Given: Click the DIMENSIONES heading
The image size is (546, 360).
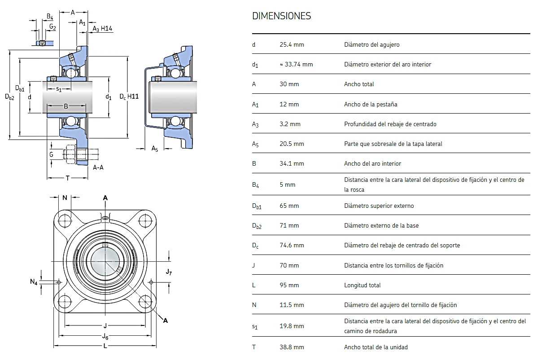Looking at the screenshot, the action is tap(282, 16).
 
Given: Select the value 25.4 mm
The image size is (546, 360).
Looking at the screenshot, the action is tap(292, 44).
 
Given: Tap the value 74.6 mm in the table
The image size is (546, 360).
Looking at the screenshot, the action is tap(292, 245).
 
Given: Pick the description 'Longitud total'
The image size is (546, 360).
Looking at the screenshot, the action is tap(362, 285).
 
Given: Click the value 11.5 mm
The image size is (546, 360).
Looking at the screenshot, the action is tap(292, 305).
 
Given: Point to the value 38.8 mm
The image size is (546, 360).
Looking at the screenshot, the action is tap(292, 347).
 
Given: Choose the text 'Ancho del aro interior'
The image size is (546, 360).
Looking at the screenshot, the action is tap(372, 164).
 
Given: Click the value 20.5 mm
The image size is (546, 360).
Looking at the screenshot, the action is tap(292, 144).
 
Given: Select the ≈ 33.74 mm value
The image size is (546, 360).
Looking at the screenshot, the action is tap(296, 64).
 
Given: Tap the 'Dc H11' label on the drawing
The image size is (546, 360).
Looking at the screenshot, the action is tap(129, 97).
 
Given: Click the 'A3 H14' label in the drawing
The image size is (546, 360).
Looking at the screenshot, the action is tap(102, 29).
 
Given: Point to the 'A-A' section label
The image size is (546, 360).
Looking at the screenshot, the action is tap(98, 167).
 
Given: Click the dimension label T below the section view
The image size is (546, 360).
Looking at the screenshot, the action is tap(67, 178).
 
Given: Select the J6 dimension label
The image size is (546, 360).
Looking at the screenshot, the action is tap(105, 337).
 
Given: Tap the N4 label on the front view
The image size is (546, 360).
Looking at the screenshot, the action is tap(34, 282).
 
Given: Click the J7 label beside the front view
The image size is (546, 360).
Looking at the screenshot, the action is tap(169, 272).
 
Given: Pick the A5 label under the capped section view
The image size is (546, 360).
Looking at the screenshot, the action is tap(155, 148).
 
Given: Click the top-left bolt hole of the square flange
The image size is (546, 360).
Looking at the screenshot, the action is tap(65, 221).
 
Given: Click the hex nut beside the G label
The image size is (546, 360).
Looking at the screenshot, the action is tap(70, 154).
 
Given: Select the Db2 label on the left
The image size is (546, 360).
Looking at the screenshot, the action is tap(9, 97).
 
